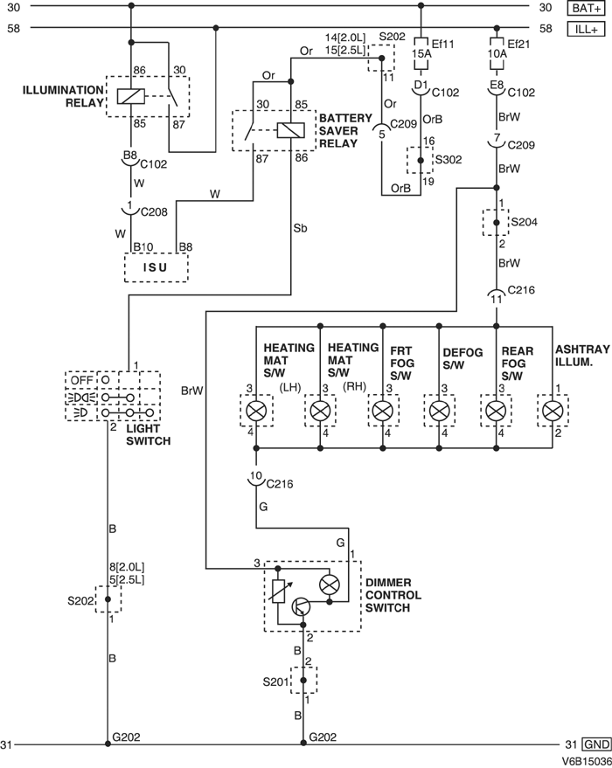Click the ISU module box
pos(156,267)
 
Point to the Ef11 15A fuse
pos(421,52)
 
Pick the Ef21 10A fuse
pos(497,52)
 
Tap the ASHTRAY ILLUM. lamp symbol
pos(552,410)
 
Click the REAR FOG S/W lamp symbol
pos(496,410)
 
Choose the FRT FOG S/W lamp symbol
pos(381,410)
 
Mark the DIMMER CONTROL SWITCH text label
pos(393,595)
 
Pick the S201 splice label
pos(276,679)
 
